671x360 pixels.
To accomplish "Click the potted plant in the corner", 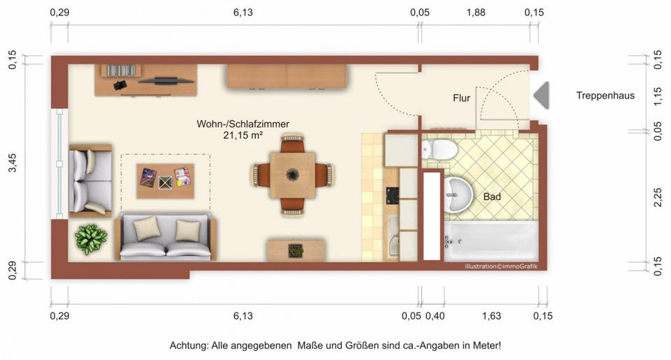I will click(91, 239).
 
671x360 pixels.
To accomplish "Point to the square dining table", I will click(293, 174).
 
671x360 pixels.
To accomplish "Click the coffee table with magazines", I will click(165, 180).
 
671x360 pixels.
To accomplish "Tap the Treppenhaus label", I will click(605, 96).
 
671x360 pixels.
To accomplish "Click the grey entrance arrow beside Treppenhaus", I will click(542, 95).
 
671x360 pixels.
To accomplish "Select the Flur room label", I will click(461, 99).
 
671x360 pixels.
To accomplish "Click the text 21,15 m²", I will click(243, 135).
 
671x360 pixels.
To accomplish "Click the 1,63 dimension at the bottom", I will click(491, 317).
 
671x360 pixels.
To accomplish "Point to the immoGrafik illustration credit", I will click(500, 266).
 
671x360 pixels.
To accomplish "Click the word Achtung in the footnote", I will click(189, 345).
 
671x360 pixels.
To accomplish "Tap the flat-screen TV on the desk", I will click(166, 80).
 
